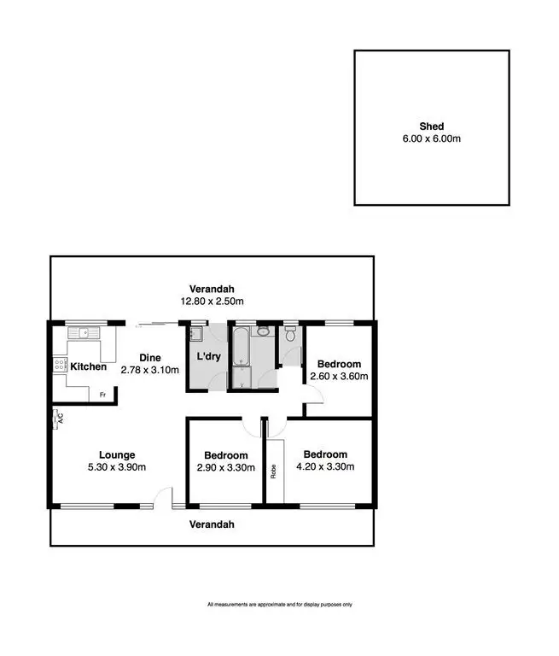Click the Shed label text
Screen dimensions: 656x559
[x=432, y=126]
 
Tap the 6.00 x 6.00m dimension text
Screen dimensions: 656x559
[x=432, y=138]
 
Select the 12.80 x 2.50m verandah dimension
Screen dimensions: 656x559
[x=212, y=301]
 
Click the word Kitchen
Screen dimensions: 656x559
[x=88, y=367]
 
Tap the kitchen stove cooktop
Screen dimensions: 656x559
[x=60, y=366]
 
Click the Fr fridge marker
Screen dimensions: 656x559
[x=102, y=395]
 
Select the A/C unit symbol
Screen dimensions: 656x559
[x=58, y=418]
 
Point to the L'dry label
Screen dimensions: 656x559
[x=208, y=356]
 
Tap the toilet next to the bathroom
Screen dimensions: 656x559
[x=291, y=335]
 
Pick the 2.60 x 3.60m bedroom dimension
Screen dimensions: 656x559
[x=340, y=375]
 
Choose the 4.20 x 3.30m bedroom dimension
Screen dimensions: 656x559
[x=325, y=466]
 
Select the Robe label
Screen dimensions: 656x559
[x=274, y=471]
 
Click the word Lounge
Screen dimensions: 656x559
[x=117, y=455]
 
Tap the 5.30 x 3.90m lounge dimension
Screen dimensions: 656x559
[x=117, y=467]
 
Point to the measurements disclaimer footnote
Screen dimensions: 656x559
[x=279, y=605]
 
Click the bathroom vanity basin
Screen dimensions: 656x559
[x=262, y=330]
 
